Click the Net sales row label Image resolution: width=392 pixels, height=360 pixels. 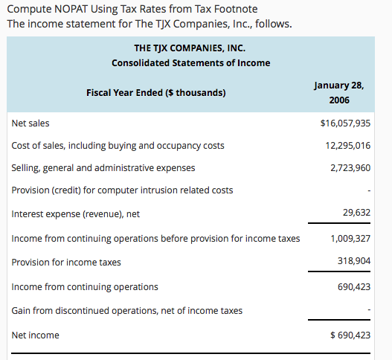tap(30, 123)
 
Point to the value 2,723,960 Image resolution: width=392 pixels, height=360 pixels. tap(350, 167)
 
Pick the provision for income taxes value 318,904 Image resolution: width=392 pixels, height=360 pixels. tap(353, 262)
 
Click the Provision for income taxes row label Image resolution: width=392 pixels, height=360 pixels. tap(66, 263)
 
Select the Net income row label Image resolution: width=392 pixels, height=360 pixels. tap(35, 335)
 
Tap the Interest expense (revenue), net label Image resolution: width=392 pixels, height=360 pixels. tap(75, 214)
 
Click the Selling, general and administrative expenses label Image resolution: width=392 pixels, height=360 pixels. tap(103, 167)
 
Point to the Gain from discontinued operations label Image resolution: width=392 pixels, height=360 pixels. tap(126, 309)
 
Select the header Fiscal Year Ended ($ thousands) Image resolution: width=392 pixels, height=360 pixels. tap(156, 94)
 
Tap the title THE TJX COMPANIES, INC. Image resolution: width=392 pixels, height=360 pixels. tap(190, 48)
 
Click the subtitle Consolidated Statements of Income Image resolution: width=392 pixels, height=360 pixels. tap(190, 63)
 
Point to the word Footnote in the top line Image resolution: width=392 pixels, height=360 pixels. tap(236, 9)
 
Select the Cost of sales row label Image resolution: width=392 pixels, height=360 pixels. tap(118, 145)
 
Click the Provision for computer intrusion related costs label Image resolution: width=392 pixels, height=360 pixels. tap(122, 190)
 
